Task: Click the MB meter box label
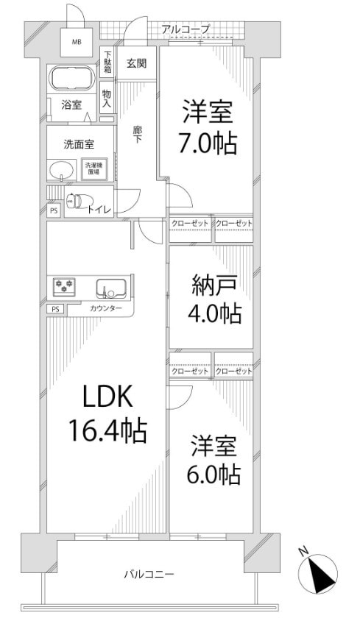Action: [77, 42]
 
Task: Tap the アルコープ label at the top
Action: [186, 29]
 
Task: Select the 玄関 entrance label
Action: [135, 63]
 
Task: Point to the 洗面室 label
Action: [78, 143]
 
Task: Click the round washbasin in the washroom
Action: [62, 170]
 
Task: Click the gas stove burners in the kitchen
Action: [63, 285]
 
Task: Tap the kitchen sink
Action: [111, 286]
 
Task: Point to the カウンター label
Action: [107, 309]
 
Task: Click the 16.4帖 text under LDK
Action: [107, 429]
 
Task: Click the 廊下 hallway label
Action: [138, 135]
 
